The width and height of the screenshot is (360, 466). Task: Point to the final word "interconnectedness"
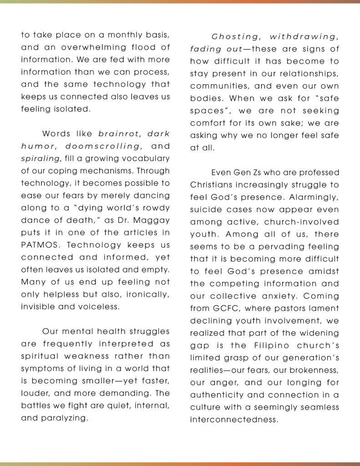(233, 419)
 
